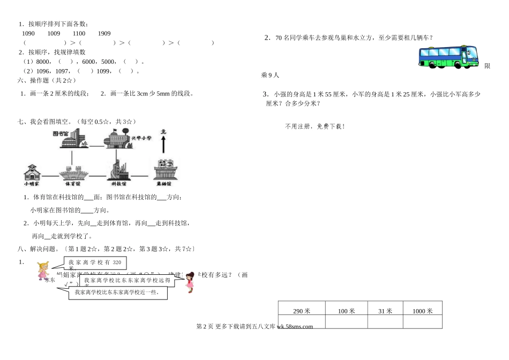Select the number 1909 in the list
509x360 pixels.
click(x=104, y=33)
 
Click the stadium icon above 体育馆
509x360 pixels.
click(x=73, y=174)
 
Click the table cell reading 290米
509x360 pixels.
click(x=302, y=311)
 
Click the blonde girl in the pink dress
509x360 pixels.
click(x=42, y=272)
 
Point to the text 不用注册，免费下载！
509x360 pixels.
click(x=315, y=126)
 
